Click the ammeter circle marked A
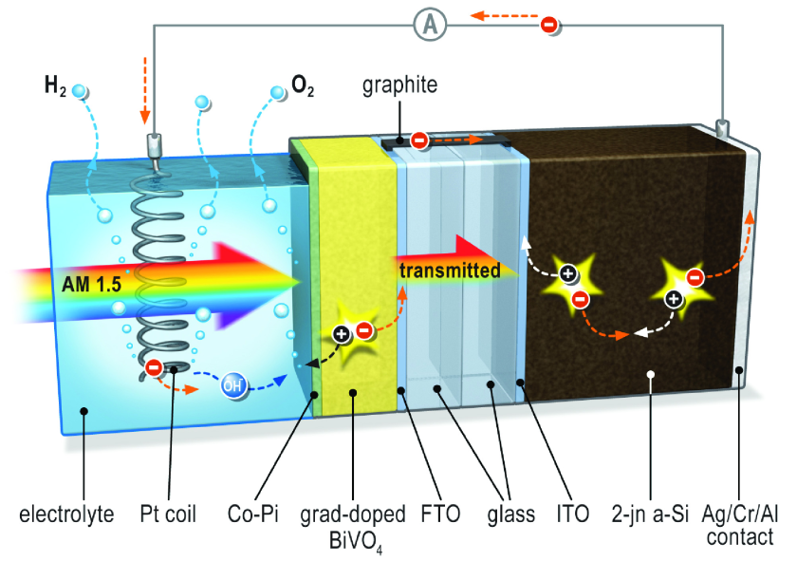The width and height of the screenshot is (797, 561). coord(430,25)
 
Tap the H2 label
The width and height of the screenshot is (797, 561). coord(55,85)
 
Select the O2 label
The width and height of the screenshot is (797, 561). coord(303,85)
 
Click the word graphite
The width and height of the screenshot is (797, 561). coord(400,84)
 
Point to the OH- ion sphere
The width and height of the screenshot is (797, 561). coord(232,385)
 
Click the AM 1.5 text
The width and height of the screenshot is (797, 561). coord(91,284)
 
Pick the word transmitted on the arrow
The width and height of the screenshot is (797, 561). coord(450,271)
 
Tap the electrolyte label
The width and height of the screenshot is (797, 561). coord(66,514)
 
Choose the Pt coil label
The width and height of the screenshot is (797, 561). coord(168,514)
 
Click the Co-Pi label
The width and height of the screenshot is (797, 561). coord(253,514)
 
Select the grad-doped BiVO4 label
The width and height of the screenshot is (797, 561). coord(353,527)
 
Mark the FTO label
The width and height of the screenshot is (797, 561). coord(440,514)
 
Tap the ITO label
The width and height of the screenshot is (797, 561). coord(573,514)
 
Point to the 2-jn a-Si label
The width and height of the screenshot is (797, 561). coord(650,514)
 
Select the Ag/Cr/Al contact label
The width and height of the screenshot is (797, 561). coord(740,525)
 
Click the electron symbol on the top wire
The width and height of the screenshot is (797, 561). coord(549,24)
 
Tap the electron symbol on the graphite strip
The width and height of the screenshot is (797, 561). coord(419,140)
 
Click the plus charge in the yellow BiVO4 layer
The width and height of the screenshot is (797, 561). coord(341,334)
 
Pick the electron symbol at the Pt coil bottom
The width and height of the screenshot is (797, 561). coord(154,367)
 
